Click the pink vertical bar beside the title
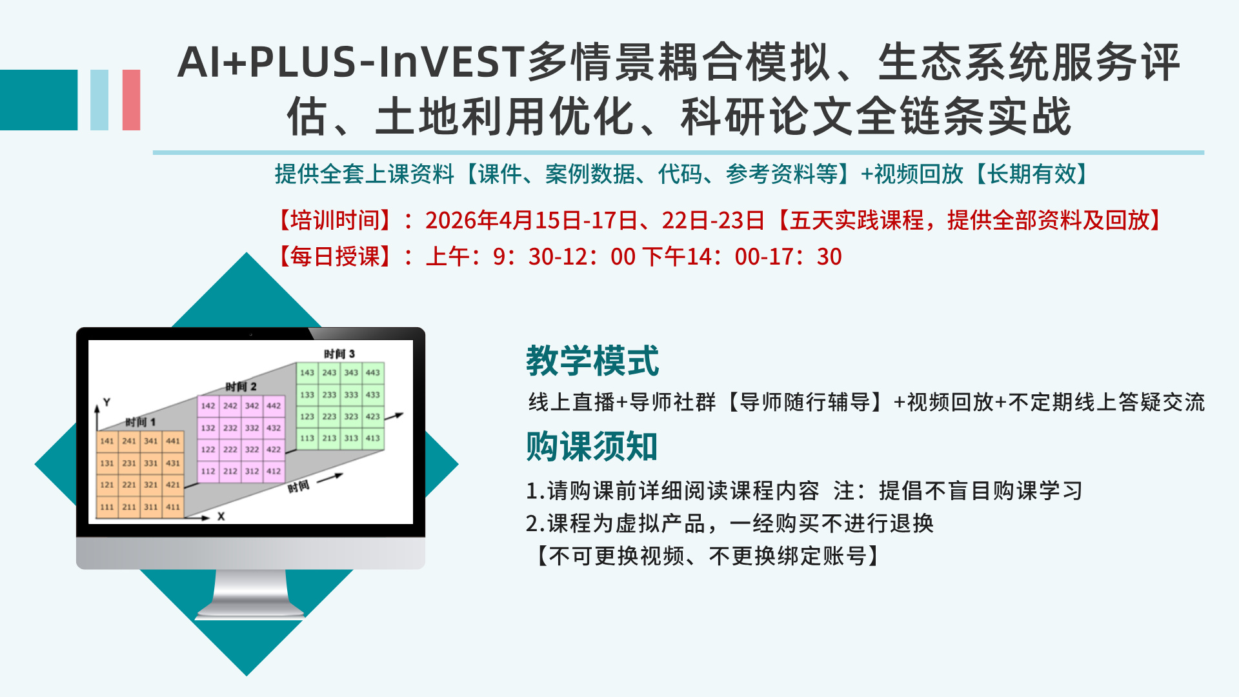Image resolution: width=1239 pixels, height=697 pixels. pos(131,100)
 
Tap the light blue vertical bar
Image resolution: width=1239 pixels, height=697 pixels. pos(99,100)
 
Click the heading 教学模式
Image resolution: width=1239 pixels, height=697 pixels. pos(592,360)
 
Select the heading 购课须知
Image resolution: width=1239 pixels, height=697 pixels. pos(592,446)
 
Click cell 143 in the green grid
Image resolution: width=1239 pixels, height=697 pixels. pos(307,372)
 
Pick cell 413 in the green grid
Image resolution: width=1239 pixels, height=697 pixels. pos(373,438)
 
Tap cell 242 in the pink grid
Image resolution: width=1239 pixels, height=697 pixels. pos(230,406)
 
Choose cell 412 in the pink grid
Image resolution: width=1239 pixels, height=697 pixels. pos(274,471)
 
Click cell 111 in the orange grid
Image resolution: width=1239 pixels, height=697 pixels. pos(107,507)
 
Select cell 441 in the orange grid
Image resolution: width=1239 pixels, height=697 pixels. pos(173,441)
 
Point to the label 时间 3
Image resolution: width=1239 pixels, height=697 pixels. pos(339,354)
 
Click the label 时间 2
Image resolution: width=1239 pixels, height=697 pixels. pos(241,387)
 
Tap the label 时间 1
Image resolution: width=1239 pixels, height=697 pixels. pos(141,422)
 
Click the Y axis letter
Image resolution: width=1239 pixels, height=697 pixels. pos(107,402)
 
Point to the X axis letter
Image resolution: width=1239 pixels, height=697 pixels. pos(221,516)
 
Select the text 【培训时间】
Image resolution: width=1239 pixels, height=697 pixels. pos(335,221)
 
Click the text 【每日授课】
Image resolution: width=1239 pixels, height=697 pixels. pos(335,257)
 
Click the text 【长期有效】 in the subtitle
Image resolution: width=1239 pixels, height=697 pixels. pos(1032,174)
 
